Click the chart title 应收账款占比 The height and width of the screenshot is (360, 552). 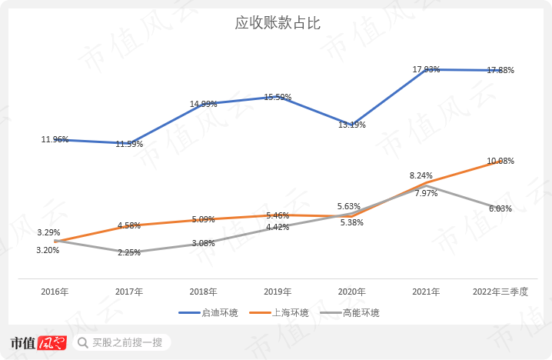coord(277,23)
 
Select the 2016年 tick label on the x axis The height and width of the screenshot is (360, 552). coord(55,292)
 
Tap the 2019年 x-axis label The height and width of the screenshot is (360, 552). coord(278,292)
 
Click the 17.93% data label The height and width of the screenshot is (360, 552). coord(426,69)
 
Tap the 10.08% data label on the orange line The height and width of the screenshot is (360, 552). coord(500,161)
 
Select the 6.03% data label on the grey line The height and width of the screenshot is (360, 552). coord(500,208)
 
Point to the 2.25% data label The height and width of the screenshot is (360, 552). coord(128,252)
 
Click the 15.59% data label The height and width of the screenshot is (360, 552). coord(278,97)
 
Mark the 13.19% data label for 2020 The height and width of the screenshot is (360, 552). coord(352,125)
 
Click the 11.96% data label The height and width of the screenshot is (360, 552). coord(55,139)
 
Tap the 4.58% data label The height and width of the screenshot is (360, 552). coord(128,225)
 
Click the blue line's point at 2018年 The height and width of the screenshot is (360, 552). coord(203,104)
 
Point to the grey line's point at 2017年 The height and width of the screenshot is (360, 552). coord(129,252)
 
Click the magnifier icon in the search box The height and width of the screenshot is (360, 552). coord(82,342)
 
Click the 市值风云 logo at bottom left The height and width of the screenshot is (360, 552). coord(38,342)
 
